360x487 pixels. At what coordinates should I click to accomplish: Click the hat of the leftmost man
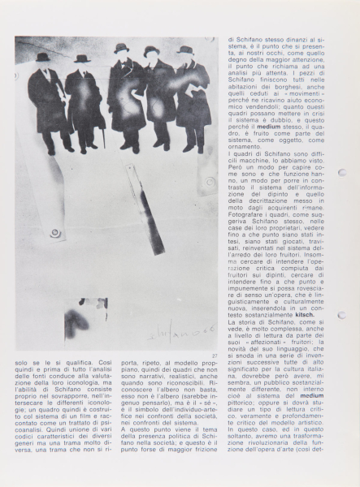43,58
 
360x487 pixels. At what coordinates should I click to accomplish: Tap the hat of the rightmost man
186,50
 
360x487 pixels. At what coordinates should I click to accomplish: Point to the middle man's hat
122,48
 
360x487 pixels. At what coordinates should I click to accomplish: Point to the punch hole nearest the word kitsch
342,316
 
